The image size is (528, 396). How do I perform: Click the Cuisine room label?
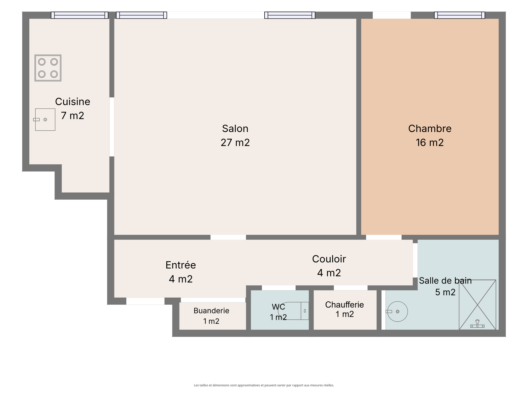[72, 102]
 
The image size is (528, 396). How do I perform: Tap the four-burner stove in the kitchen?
[48, 68]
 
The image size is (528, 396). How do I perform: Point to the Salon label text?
[235, 129]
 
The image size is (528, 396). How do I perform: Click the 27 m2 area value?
[235, 143]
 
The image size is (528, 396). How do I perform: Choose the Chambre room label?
[430, 129]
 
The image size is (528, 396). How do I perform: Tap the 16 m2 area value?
[430, 143]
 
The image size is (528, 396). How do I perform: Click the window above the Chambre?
[459, 15]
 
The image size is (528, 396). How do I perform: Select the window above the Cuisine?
[80, 15]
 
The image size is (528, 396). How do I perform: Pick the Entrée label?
[181, 265]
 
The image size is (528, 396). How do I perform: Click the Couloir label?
[329, 259]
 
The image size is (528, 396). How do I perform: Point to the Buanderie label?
[211, 311]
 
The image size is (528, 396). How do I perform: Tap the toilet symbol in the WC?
[293, 311]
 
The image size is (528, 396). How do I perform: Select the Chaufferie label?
[345, 305]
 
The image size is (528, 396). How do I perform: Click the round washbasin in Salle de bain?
[397, 312]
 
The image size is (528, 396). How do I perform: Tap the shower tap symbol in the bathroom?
[477, 324]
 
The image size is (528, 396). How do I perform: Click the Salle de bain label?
[445, 280]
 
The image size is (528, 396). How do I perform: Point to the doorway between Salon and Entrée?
[228, 237]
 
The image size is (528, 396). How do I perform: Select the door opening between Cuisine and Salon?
[112, 127]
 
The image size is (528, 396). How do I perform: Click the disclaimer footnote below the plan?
[264, 385]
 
